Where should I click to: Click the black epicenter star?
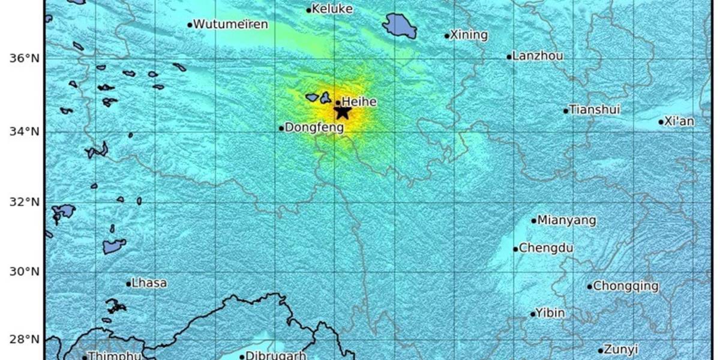342,112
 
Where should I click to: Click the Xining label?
469,35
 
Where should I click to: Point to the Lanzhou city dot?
509,58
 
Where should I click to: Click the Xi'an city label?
680,121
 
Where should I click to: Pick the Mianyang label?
567,220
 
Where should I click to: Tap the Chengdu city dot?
515,249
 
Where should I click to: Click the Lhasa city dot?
128,284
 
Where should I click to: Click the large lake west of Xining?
400,26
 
